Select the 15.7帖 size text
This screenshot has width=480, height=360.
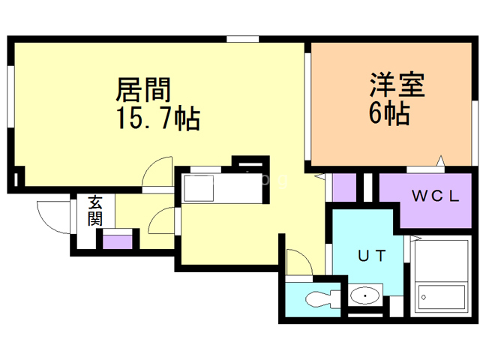coord(157,118)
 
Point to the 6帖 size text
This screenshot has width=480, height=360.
coord(388,114)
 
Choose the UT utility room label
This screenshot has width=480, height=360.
coord(372,256)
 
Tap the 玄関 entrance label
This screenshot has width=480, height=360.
coord(95,210)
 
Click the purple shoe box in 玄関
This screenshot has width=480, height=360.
coord(118,241)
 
